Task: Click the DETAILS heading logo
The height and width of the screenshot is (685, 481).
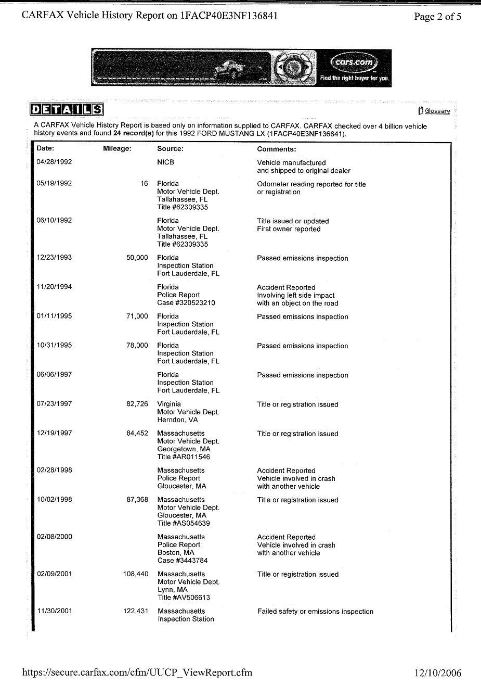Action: [67, 109]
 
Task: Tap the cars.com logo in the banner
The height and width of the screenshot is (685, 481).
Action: [354, 63]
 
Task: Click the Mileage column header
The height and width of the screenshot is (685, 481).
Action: [117, 149]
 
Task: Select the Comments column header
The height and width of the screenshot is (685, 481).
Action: [277, 149]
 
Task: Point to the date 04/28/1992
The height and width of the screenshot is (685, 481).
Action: [54, 162]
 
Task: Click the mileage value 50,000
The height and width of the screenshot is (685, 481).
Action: [137, 258]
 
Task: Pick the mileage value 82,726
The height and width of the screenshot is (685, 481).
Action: [137, 404]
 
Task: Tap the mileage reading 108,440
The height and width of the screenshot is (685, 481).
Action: [136, 574]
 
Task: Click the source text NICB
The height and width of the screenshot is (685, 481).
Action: [166, 162]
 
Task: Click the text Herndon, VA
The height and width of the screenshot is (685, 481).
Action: [177, 420]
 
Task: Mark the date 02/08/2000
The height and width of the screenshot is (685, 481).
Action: [54, 537]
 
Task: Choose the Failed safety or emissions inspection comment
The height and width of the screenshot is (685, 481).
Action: [315, 612]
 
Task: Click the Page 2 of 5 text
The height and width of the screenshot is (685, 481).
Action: [437, 17]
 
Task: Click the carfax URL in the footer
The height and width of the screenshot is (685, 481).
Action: [137, 673]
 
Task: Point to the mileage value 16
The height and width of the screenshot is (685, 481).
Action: [144, 183]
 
